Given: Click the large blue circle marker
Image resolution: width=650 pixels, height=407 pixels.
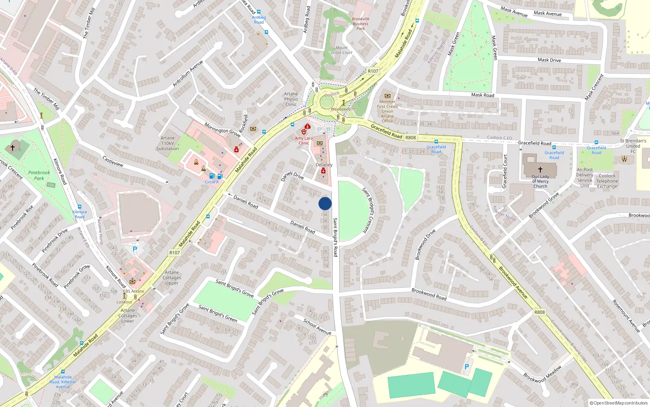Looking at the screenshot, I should point(325,203).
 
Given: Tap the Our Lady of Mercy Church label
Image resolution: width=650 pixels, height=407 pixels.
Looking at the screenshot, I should point(540,182).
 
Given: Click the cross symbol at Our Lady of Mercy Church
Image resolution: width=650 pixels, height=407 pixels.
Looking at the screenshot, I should point(540,170).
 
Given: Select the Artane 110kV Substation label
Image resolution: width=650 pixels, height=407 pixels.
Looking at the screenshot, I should point(167,143).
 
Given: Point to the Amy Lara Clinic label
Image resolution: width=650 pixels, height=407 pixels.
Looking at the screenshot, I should point(304,141).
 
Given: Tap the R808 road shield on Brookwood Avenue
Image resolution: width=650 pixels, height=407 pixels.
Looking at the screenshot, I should point(539,312).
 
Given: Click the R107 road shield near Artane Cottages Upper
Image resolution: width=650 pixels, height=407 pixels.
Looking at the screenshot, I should point(175,253).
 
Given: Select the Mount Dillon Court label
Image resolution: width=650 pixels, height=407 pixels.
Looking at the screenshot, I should point(342,50).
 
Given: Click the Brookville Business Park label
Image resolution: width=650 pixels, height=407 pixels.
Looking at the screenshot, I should point(361,24).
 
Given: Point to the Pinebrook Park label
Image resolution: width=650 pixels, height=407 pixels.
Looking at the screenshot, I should point(39,175).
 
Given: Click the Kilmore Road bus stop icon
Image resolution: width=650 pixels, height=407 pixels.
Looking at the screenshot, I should point(80,207).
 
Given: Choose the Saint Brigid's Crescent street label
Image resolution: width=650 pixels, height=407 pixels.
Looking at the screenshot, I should point(370,210).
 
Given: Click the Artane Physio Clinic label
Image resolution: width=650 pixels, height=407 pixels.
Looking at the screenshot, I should point(291,99).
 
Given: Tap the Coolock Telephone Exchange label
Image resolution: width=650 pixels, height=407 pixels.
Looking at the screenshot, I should point(607,181).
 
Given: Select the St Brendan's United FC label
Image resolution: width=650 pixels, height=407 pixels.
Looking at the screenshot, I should point(633,146).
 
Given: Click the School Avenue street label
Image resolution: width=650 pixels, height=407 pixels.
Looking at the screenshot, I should point(317,327).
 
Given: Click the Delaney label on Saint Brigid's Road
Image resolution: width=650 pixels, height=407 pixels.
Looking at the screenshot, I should point(324,165).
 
